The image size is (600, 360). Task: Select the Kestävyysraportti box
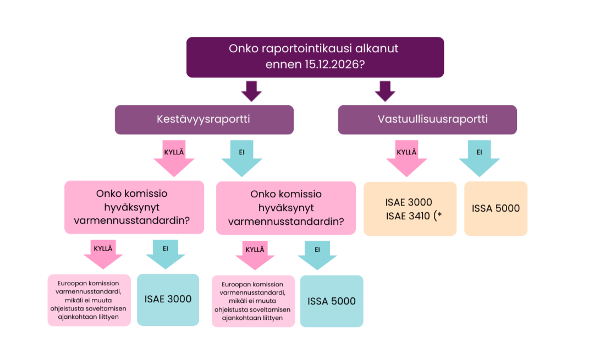point(204,119)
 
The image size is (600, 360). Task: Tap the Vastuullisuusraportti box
point(427,119)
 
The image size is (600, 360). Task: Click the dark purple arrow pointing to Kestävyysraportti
point(252,91)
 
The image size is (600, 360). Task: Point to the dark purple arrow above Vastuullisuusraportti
point(385,91)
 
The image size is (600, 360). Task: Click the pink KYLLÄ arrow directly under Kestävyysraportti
point(174,158)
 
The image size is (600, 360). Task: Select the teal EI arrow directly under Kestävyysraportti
point(241,158)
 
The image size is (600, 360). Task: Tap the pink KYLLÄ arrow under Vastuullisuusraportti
point(406,158)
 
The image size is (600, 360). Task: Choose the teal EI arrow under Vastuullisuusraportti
point(479,158)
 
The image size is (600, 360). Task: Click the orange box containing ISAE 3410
point(410,208)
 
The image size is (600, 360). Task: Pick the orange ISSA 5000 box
point(496,208)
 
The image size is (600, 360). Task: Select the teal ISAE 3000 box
point(168,300)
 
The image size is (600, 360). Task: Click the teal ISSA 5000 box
point(332,301)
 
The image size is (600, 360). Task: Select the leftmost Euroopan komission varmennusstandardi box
point(89,300)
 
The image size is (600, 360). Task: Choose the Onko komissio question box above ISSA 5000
point(286,208)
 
